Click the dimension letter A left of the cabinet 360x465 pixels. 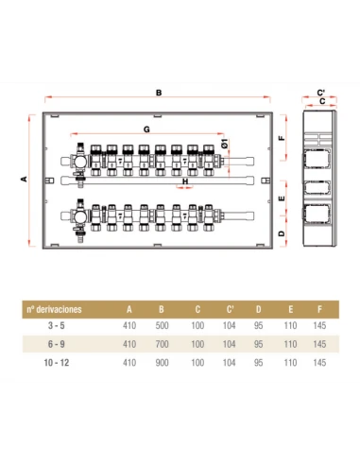[24, 179]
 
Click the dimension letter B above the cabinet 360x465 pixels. [159, 93]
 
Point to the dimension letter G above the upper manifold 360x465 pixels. [146, 129]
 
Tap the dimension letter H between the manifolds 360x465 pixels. [185, 181]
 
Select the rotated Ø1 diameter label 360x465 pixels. [225, 144]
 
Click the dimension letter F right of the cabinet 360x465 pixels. [282, 138]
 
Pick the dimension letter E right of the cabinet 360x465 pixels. [282, 198]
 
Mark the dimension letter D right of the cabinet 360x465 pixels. [282, 233]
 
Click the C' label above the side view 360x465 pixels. [321, 93]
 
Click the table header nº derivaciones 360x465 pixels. [54, 309]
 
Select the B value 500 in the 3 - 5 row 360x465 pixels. [162, 325]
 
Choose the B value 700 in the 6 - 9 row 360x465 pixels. [162, 344]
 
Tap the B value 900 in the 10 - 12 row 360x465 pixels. [162, 363]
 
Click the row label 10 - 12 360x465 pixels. [57, 363]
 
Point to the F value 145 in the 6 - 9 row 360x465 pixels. [319, 344]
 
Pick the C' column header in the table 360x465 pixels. [230, 309]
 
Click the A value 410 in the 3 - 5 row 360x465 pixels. [129, 325]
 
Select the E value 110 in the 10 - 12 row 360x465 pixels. [290, 363]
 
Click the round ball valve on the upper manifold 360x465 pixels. [80, 162]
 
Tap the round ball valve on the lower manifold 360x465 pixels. [80, 216]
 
